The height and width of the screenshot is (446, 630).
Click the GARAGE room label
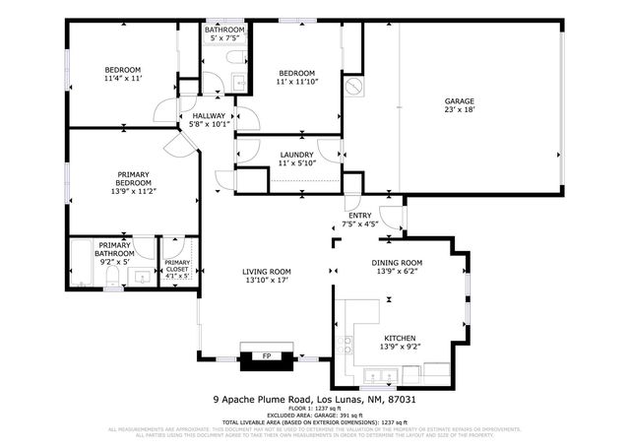(460, 100)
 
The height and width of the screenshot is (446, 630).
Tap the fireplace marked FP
(266, 355)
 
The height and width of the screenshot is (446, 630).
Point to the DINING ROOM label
(397, 263)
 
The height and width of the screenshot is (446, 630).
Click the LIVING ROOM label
(268, 272)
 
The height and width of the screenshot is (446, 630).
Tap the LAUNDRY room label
(296, 155)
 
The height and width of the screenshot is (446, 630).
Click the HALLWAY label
(210, 116)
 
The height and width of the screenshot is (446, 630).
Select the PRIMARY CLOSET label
(177, 264)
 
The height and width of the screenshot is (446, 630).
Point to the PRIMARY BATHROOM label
(114, 249)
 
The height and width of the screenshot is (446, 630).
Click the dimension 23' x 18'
(460, 110)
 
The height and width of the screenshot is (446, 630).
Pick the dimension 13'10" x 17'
(268, 281)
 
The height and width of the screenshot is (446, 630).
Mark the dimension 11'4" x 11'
(125, 78)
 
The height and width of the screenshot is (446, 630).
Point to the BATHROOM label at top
(224, 31)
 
